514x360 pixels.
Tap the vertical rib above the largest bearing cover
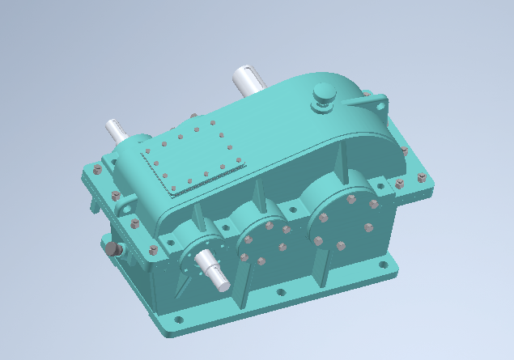click(339, 166)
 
